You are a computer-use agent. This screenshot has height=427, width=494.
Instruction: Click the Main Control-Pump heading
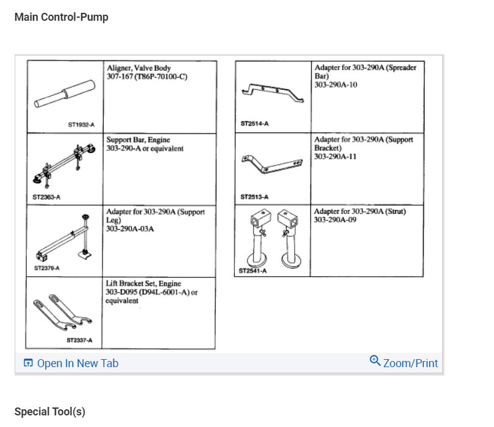pos(61,17)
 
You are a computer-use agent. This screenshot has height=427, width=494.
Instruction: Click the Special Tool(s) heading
pos(50,412)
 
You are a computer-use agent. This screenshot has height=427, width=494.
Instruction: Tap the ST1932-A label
pos(81,125)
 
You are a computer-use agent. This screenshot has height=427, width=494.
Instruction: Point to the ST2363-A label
pos(46,197)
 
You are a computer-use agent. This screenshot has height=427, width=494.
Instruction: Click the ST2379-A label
pos(47,268)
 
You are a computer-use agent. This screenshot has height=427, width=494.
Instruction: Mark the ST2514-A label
pos(254,123)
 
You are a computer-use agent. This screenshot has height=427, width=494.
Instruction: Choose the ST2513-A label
pos(254,197)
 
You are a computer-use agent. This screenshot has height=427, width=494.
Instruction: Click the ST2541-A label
pos(252,270)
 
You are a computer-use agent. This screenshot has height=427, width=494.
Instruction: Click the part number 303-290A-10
pos(335,84)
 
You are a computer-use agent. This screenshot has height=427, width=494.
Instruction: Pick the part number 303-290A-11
pos(335,156)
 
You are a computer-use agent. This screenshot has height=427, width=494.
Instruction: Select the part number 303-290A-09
pos(335,220)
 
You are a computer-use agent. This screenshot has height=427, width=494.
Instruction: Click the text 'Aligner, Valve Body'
pos(138,68)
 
